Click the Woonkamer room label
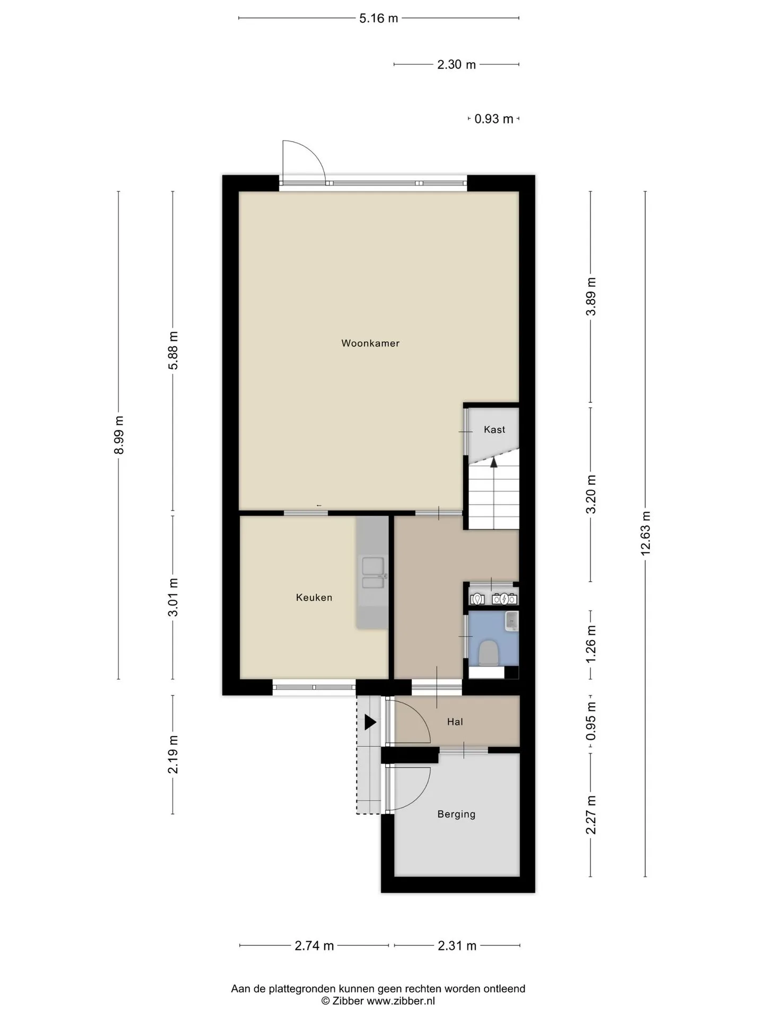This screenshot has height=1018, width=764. [x=370, y=343]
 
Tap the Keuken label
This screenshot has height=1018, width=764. [x=314, y=598]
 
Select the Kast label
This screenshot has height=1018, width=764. [x=494, y=429]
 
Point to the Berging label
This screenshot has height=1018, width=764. [x=456, y=814]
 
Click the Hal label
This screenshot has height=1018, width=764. [x=455, y=722]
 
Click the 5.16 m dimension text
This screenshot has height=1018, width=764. [x=379, y=19]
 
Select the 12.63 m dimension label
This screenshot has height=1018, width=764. [x=645, y=533]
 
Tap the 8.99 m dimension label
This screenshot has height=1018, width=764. [x=119, y=435]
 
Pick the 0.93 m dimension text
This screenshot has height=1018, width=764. [x=494, y=119]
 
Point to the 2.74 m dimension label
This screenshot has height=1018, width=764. [x=314, y=945]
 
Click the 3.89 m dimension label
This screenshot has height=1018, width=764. [x=591, y=296]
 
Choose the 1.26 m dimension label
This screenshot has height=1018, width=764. [x=591, y=643]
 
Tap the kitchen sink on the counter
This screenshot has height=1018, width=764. [x=373, y=573]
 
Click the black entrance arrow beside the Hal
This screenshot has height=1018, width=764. [x=370, y=722]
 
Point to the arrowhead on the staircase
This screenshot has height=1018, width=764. [x=494, y=462]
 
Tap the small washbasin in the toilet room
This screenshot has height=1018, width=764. [x=511, y=620]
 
